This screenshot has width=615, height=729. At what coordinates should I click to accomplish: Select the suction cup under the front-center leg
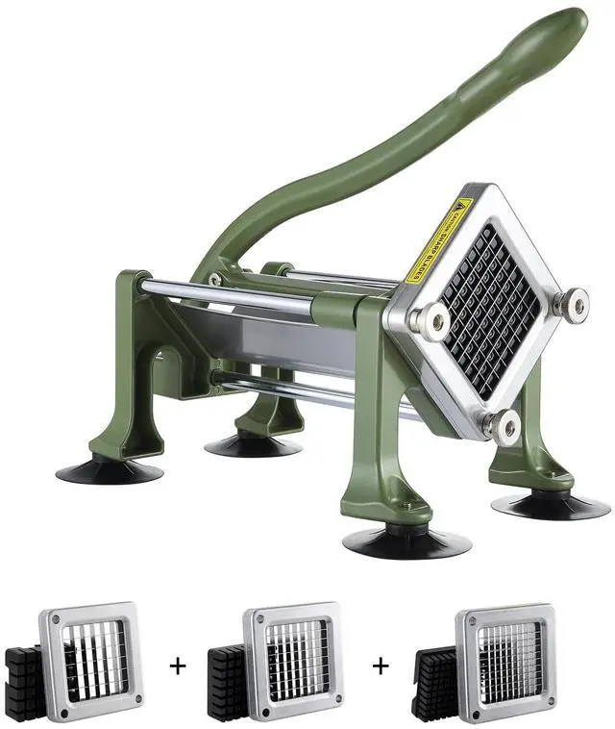(x=406, y=541)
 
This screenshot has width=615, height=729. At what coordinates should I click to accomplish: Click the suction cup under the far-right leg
(x=550, y=505)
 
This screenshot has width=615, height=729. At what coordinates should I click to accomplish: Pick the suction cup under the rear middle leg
(x=253, y=445)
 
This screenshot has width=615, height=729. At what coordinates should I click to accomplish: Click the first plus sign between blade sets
(x=177, y=664)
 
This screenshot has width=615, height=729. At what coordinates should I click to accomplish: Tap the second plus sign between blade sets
(x=381, y=664)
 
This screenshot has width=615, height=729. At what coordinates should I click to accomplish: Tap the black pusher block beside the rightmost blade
(x=434, y=677)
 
